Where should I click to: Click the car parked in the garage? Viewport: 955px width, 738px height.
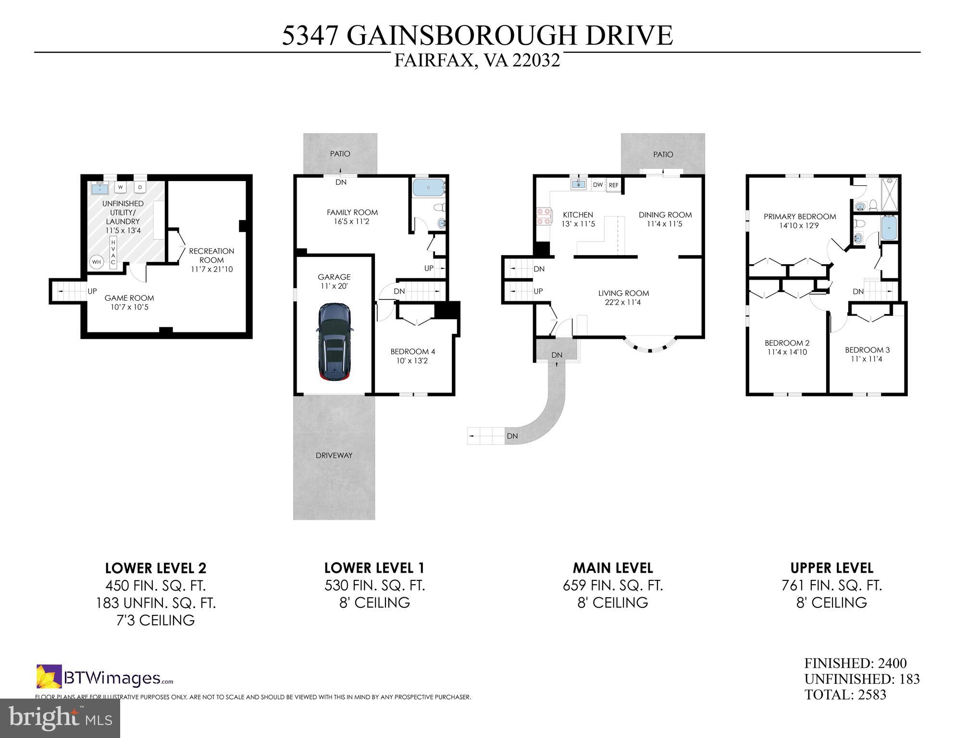tap(335, 342)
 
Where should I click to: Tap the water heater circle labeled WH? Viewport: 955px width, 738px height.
tap(97, 262)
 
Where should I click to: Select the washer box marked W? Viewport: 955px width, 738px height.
tap(121, 187)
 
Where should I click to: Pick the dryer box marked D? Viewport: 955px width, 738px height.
tap(140, 187)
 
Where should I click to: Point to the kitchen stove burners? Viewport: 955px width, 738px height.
tap(543, 216)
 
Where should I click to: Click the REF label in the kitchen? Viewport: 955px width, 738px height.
tap(614, 185)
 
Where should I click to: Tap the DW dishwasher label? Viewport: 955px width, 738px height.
tap(597, 185)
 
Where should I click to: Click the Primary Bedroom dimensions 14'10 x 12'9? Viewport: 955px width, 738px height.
tap(799, 225)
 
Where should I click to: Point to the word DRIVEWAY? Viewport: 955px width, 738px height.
tap(334, 455)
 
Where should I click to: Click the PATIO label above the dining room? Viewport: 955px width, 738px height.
tap(663, 154)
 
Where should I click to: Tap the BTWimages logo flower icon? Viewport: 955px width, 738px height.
tap(49, 676)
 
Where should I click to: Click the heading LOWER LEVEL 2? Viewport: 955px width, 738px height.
tap(156, 568)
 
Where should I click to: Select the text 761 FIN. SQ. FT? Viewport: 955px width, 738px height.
tap(831, 586)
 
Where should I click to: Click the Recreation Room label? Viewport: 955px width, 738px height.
tap(211, 255)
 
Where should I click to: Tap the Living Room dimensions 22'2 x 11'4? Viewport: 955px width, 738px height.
tap(623, 302)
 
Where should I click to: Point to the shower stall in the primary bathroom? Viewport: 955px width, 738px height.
tap(890, 194)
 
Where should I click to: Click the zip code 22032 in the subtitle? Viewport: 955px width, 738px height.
tap(536, 61)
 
